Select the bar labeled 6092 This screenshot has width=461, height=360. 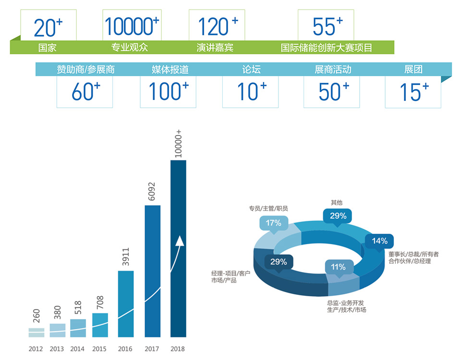pos(153,272)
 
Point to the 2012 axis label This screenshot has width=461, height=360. pos(36,349)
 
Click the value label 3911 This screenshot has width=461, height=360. pos(126,257)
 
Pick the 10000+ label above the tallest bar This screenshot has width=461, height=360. pos(179,143)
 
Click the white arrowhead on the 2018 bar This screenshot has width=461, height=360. pos(180,241)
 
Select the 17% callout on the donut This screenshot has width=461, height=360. pos(273,223)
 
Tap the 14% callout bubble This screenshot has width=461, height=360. pos(379,241)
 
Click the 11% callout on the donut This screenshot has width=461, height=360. pos(338,267)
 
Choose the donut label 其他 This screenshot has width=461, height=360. pos(337,203)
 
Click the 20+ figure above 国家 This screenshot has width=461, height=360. pos(48,27)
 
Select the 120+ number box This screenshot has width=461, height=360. pos(218,26)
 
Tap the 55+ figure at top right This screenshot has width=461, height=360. pos(327,26)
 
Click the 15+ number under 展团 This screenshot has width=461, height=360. pos(413,92)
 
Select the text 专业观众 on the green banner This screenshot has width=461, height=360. pos(129,48)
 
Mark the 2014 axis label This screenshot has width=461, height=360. pos(77,349)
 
